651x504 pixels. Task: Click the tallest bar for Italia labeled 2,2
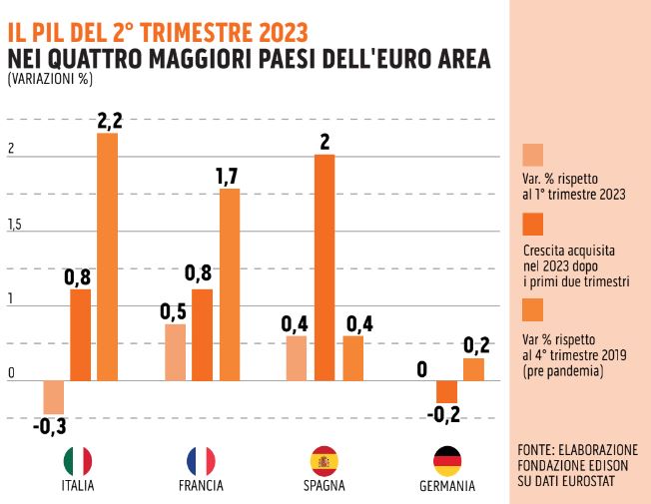(107, 256)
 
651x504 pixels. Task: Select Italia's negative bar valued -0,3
(53, 397)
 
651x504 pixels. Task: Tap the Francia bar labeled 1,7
(230, 284)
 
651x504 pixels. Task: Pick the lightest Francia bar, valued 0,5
(175, 352)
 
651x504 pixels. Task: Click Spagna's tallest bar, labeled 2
(325, 267)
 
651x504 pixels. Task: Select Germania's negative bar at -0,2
(446, 391)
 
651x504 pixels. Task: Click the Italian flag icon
(78, 460)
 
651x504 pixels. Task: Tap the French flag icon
(201, 460)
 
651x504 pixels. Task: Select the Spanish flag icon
(325, 460)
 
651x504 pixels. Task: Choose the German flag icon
(446, 460)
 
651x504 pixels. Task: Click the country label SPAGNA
(325, 486)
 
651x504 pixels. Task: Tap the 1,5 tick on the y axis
(14, 226)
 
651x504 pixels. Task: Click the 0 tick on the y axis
(11, 374)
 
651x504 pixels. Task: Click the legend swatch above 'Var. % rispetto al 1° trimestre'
(533, 155)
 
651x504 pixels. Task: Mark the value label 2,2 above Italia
(109, 121)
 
